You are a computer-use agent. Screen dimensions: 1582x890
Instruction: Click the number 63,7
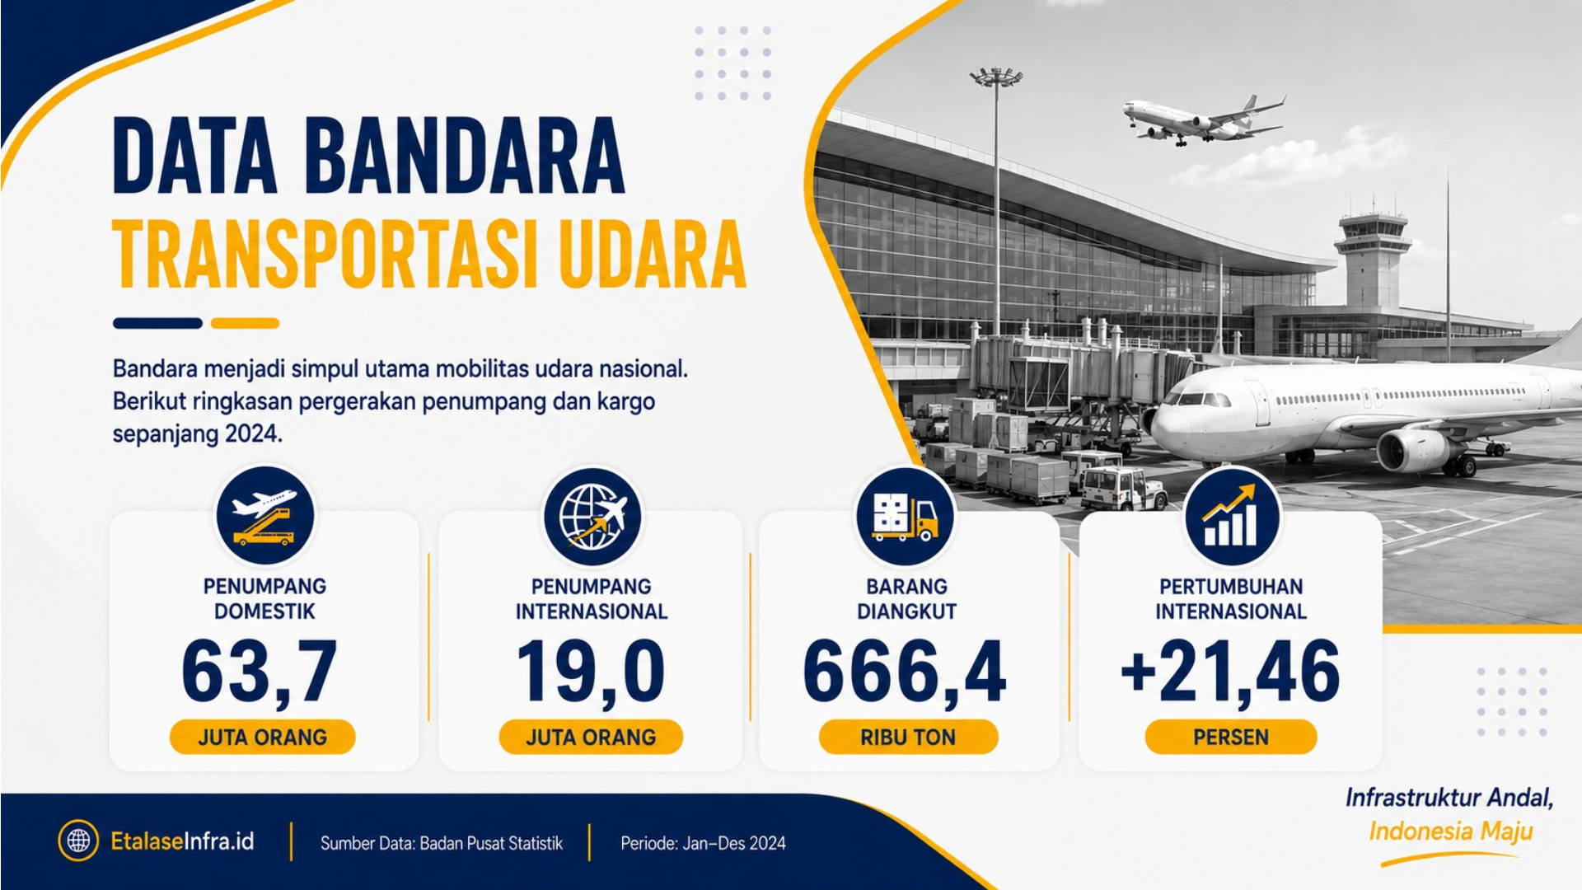(x=260, y=672)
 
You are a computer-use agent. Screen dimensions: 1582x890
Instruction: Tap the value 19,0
(x=591, y=672)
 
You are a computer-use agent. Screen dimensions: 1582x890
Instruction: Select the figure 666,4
(x=905, y=672)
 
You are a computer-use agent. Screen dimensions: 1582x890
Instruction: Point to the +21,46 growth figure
(x=1230, y=672)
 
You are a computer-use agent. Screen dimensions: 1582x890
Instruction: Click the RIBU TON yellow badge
(x=908, y=737)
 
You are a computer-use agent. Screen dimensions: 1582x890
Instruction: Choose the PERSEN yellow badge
(x=1231, y=737)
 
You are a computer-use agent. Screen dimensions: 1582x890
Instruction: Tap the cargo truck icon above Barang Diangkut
(x=906, y=517)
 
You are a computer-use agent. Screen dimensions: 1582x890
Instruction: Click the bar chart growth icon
(x=1232, y=517)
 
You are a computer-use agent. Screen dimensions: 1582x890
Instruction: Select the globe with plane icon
(x=592, y=517)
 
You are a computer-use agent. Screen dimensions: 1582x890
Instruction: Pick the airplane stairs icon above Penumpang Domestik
(x=264, y=517)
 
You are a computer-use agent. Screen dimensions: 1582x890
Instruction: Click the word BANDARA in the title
(x=466, y=156)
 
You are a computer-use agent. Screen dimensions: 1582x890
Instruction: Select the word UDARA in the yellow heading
(x=652, y=255)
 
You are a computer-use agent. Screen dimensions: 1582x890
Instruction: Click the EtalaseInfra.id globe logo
(x=78, y=841)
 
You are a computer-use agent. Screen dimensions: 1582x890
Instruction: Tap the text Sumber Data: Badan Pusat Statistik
(x=442, y=843)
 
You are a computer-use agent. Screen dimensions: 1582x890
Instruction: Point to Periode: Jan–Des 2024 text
(x=703, y=843)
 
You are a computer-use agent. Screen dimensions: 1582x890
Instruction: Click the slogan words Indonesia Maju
(x=1451, y=831)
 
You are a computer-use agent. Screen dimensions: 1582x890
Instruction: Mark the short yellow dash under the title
(x=245, y=323)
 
